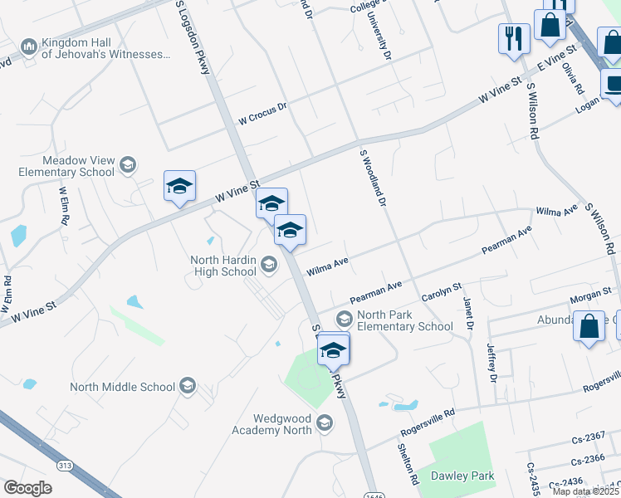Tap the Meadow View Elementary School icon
(x=127, y=165)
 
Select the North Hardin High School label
(x=223, y=266)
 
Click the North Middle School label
(x=122, y=387)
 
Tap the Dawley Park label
(x=462, y=476)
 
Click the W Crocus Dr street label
(x=262, y=113)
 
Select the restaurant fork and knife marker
(x=513, y=38)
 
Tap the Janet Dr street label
(x=467, y=315)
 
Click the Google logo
(x=28, y=488)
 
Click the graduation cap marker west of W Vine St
(x=179, y=188)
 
